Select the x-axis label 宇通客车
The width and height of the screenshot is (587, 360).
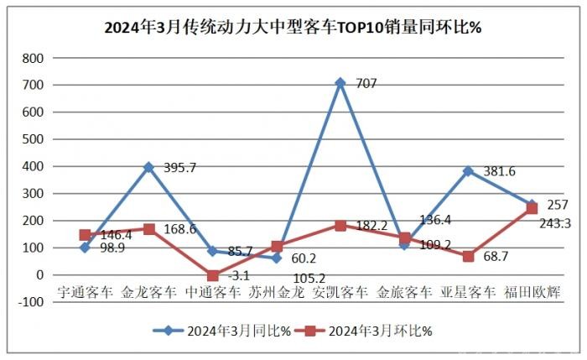point(85,293)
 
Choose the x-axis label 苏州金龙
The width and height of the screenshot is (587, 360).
point(276,293)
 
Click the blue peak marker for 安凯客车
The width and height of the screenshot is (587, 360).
point(340,83)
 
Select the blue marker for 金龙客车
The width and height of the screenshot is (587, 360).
point(148,167)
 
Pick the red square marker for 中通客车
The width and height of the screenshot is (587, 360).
point(212,275)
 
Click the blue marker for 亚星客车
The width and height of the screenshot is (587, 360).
point(467,171)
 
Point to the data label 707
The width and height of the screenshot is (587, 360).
point(366,83)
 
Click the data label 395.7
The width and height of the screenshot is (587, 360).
point(179,168)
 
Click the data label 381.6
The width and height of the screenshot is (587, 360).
point(499,172)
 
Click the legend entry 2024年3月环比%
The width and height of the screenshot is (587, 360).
point(366,331)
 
